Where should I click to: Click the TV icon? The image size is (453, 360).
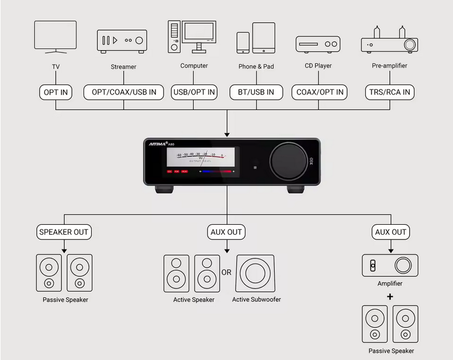coord(55,37)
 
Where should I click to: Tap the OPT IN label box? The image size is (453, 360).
coord(55,92)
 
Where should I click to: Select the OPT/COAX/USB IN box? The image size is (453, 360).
coord(124,92)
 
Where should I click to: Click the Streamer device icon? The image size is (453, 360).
coord(122,41)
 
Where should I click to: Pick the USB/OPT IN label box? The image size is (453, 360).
coord(194,92)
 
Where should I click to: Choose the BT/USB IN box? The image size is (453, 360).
coord(256,92)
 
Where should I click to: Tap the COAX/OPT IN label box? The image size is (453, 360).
coord(320,92)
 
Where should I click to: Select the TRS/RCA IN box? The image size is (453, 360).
coord(389,92)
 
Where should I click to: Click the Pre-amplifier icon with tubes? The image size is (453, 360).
coord(389,41)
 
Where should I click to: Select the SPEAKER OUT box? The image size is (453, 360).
coord(64,232)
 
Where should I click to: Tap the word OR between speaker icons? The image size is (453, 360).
coord(226,273)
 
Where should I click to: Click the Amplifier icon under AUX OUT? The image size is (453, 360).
coord(390,265)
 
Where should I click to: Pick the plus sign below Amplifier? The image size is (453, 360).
coord(390,297)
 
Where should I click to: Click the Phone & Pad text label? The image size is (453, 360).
coord(256,67)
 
